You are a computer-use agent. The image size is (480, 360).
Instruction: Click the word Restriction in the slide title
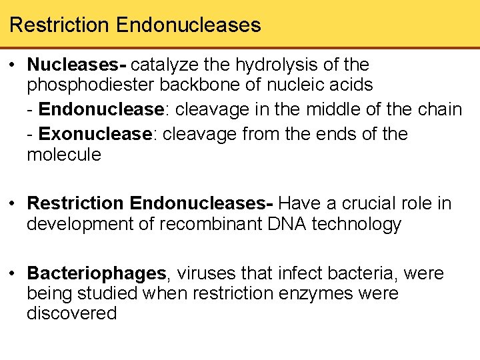pyautogui.click(x=59, y=25)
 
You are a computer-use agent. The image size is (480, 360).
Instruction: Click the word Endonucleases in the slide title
pyautogui.click(x=188, y=25)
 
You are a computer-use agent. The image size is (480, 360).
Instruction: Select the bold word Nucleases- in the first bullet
pyautogui.click(x=77, y=65)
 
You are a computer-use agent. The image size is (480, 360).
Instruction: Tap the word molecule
pyautogui.click(x=63, y=155)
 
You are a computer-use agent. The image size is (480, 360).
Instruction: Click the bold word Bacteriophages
pyautogui.click(x=97, y=273)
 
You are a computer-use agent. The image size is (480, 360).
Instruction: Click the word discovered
pyautogui.click(x=71, y=313)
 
